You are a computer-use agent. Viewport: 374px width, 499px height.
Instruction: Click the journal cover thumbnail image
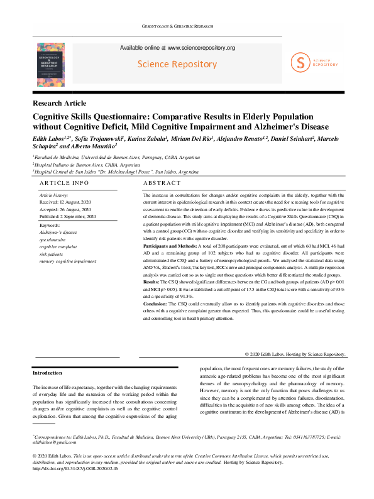(x=50, y=64)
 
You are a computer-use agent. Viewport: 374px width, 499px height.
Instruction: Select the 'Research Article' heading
(x=60, y=103)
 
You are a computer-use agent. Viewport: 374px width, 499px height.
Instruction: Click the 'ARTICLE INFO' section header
(x=64, y=182)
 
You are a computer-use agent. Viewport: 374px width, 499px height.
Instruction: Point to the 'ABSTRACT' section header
(x=162, y=182)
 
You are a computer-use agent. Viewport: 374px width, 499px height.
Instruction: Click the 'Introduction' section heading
(x=47, y=373)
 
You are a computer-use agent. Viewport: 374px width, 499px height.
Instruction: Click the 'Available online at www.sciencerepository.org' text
(x=177, y=48)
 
